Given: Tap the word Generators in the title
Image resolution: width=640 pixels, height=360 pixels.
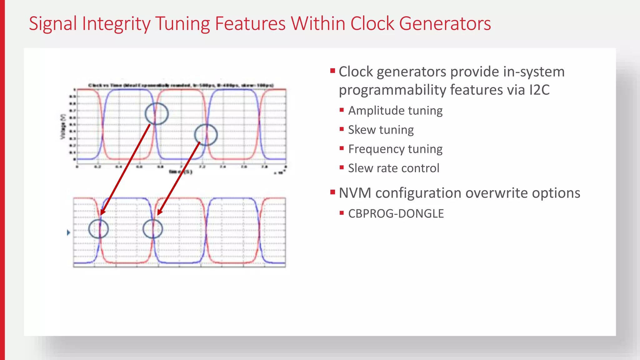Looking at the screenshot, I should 445,24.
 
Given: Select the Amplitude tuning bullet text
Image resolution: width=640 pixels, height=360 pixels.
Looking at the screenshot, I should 395,111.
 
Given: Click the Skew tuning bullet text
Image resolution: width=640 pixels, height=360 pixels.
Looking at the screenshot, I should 381,130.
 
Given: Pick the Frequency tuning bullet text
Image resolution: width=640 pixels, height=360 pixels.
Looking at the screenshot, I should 395,149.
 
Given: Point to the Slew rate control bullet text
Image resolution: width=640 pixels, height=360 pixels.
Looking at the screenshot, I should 393,168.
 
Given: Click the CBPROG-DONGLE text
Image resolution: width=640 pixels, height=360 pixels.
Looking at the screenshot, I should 396,214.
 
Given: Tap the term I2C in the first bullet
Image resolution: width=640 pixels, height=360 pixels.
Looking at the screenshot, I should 539,90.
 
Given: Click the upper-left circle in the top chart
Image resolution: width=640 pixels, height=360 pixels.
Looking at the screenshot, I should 157,114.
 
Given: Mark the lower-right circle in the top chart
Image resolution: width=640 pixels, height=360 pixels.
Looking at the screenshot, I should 206,135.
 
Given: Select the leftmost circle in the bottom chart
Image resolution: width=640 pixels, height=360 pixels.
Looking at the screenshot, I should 98,229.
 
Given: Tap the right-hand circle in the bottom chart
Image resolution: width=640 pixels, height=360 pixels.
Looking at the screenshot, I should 152,229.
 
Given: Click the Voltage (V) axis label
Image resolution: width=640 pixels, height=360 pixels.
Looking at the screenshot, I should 63,127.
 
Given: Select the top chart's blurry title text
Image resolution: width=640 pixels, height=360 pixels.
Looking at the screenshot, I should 181,85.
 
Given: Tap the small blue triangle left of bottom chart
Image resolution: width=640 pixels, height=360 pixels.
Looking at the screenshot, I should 68,232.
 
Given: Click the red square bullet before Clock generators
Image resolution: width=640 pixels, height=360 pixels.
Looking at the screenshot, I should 332,71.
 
